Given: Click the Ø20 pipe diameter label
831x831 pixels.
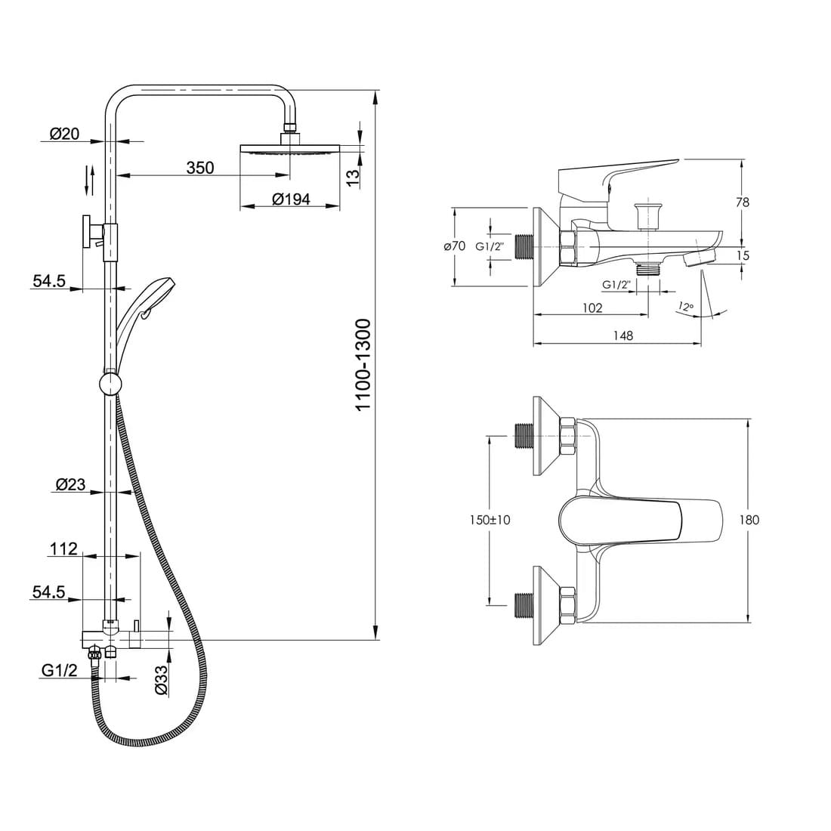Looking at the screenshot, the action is (64, 134).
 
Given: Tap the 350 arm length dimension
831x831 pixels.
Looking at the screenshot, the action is (200, 168).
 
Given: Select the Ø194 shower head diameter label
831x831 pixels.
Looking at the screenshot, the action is (291, 199).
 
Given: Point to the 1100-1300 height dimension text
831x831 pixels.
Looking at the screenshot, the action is (363, 365).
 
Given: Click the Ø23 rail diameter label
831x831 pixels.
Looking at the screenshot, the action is (70, 483).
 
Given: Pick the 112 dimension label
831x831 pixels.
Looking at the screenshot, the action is (63, 548).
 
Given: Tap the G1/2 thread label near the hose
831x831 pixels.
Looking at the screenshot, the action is (60, 670).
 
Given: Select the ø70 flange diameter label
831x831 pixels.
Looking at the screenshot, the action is (454, 246).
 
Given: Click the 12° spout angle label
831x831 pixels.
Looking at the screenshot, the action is (685, 306).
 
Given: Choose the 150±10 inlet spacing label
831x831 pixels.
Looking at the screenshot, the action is (490, 520).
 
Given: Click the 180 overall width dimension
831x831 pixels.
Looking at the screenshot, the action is (749, 520).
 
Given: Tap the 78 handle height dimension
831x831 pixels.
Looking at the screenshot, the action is (743, 202).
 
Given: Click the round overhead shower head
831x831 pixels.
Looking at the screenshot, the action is (289, 149).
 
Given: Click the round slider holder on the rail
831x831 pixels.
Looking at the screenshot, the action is (110, 384).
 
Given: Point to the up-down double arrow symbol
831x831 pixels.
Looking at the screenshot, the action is (90, 181).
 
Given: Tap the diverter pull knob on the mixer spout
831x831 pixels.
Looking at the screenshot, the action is (647, 216).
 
